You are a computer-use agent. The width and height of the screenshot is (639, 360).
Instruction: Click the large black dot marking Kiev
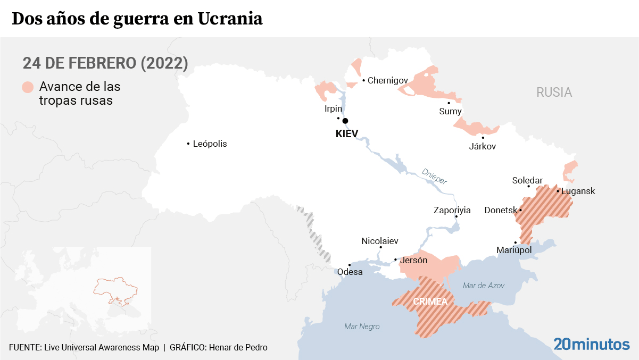(x=345, y=121)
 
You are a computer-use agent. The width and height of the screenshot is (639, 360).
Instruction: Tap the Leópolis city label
(x=210, y=144)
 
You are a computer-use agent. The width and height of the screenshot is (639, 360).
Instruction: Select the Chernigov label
(x=388, y=80)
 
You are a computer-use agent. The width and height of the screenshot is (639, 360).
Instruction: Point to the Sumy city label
(x=450, y=111)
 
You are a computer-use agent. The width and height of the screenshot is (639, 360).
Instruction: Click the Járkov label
(x=482, y=146)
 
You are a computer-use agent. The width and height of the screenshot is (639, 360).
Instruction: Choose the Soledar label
(x=527, y=180)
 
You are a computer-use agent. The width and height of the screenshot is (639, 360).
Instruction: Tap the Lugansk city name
(x=578, y=191)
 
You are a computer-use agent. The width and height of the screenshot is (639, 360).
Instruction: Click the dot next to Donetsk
(x=520, y=210)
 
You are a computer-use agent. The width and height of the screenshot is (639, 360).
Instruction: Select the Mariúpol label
(x=514, y=250)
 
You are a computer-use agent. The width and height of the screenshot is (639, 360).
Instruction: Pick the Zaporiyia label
(x=452, y=210)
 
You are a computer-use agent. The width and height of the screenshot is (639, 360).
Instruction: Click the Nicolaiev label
(x=380, y=241)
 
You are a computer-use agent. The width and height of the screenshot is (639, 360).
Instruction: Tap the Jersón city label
(x=413, y=260)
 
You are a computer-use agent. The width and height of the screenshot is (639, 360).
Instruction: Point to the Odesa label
(x=350, y=272)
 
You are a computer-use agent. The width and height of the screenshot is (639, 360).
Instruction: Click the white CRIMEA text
(x=430, y=302)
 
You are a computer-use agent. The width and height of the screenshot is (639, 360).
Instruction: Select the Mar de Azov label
(x=484, y=286)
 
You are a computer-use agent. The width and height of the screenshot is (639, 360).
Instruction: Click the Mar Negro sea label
(x=362, y=326)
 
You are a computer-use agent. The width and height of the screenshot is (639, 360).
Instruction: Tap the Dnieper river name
(x=434, y=176)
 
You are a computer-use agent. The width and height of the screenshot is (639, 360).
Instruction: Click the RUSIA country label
(x=554, y=93)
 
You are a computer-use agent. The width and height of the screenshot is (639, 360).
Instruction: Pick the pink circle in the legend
(x=28, y=87)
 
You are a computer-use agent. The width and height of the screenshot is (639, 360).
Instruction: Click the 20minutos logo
(x=591, y=344)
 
